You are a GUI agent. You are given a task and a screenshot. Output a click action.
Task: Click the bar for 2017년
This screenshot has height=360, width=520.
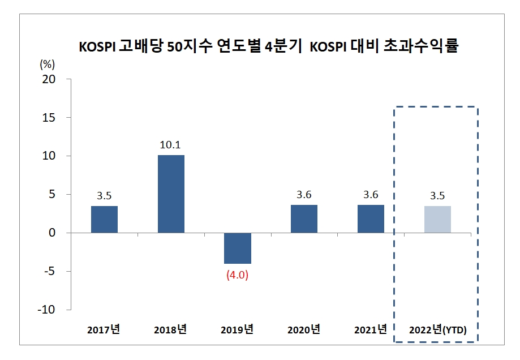tap(104, 220)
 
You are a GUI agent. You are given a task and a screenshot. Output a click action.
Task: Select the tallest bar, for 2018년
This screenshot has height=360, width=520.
tap(171, 194)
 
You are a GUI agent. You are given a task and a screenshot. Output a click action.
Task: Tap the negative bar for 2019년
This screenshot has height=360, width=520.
tap(238, 248)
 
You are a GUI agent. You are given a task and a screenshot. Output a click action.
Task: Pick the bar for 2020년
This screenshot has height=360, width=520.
tap(304, 219)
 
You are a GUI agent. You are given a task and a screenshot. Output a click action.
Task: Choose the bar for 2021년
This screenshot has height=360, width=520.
tap(371, 219)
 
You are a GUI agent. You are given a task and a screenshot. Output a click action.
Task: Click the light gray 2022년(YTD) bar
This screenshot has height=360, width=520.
tap(437, 220)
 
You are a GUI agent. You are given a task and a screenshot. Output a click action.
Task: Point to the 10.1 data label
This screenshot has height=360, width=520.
tap(171, 144)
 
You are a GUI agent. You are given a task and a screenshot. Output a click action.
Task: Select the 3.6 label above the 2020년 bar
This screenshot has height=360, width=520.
tap(304, 195)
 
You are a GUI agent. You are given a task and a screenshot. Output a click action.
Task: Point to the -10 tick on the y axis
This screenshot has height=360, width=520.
tap(46, 310)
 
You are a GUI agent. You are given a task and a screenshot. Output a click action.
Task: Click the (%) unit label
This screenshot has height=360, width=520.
tap(48, 63)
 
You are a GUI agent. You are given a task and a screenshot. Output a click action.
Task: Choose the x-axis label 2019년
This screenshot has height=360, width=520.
tap(237, 329)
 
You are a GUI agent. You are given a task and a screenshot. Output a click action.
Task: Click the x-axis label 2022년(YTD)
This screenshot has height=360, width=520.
tap(437, 330)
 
